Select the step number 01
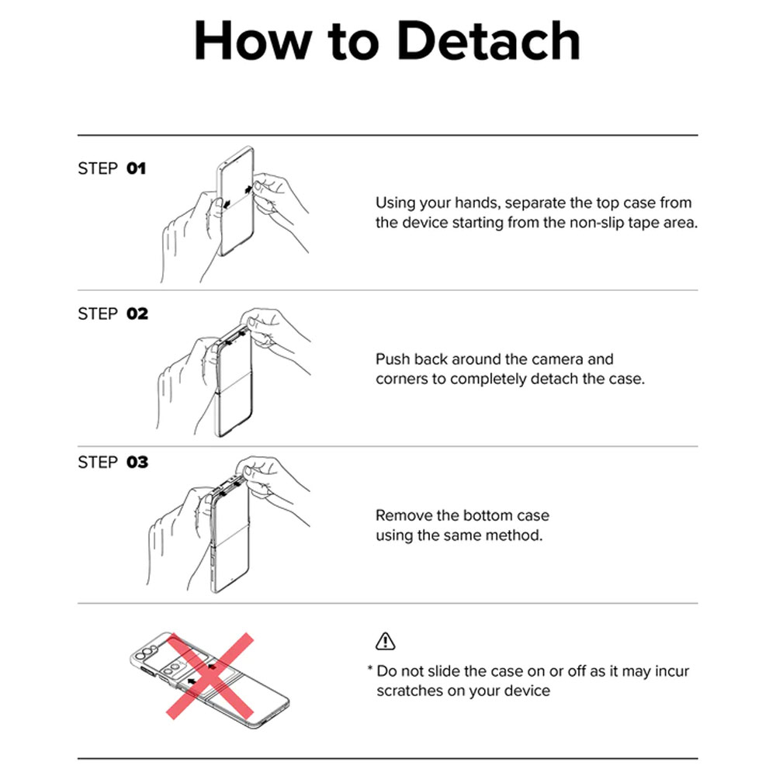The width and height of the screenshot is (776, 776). coord(136,168)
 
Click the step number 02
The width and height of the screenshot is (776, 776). coord(137,314)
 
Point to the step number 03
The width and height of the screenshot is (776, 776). coord(137,462)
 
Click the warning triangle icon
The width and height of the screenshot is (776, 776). coord(385,641)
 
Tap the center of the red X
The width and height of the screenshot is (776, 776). coord(210,676)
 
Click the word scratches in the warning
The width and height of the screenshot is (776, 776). coord(410,691)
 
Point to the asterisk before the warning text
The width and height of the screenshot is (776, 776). coord(369,669)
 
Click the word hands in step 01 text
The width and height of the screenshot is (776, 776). coord(476,203)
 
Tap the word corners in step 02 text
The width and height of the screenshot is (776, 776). coord(402,379)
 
